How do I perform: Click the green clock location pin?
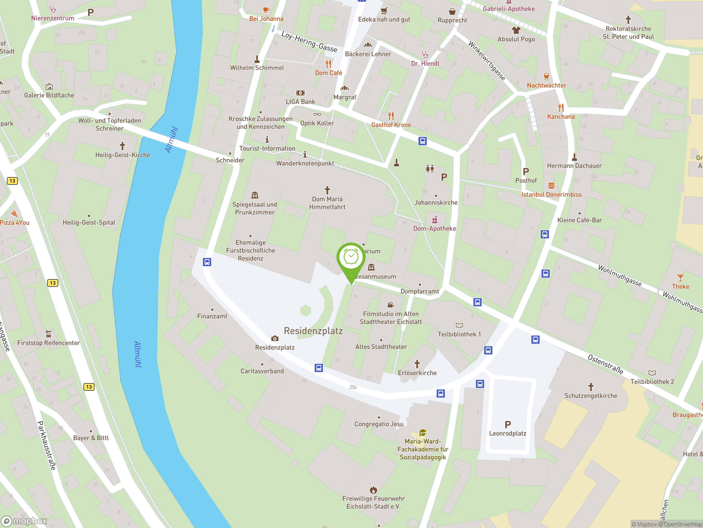click(x=351, y=258)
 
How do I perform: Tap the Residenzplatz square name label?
click(x=313, y=331)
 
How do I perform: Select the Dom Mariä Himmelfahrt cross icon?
click(x=327, y=190)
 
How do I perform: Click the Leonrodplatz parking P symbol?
click(x=507, y=424)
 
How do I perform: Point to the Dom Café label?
click(x=328, y=73)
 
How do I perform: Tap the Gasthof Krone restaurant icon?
click(x=391, y=116)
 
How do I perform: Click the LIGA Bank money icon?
click(x=300, y=93)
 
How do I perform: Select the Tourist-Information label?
click(x=267, y=148)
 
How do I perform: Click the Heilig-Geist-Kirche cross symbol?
click(x=122, y=146)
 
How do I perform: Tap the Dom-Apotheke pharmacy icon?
click(x=434, y=220)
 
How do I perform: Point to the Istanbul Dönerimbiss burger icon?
click(x=551, y=186)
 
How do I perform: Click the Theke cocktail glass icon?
click(x=680, y=277)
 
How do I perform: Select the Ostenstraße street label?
click(x=605, y=364)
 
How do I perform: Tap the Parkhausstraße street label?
click(x=46, y=445)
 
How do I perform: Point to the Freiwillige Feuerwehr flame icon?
click(x=373, y=490)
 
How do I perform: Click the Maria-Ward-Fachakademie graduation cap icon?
click(x=422, y=433)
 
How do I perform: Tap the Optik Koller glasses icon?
click(x=317, y=114)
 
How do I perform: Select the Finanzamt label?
click(x=212, y=316)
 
